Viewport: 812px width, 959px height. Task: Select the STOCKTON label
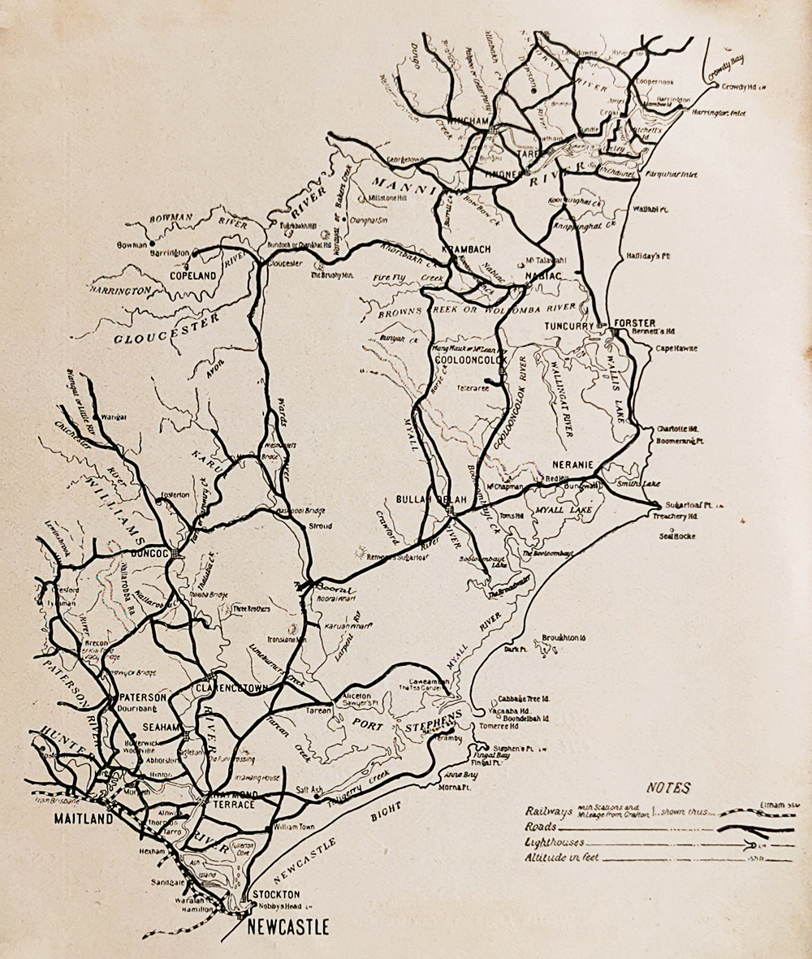276,894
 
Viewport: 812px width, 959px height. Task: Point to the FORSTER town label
634,322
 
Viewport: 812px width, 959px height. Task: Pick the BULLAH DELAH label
423,498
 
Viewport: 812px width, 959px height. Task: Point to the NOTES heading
668,787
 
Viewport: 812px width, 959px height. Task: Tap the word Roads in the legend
541,826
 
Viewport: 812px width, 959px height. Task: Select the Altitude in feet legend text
562,857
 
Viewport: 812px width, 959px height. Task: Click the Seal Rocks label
677,536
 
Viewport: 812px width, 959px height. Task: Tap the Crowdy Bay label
726,67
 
